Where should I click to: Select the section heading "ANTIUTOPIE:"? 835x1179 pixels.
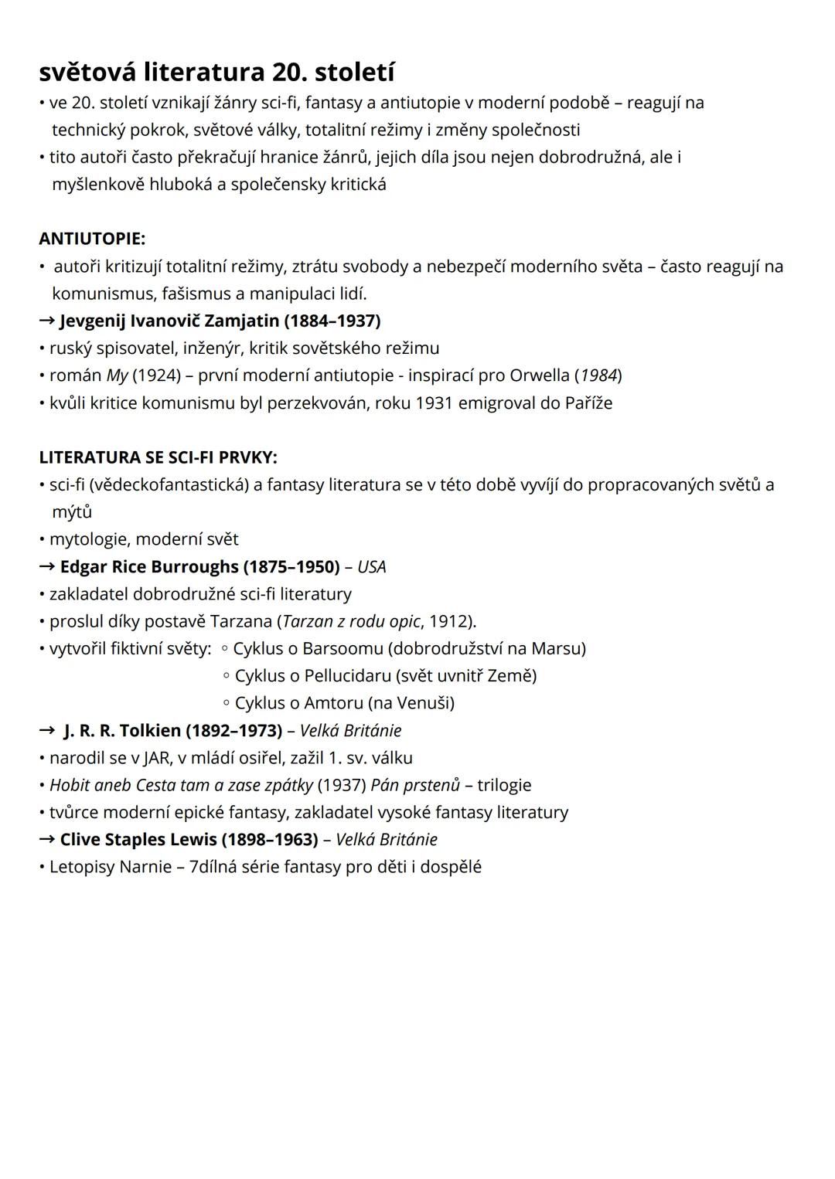pyautogui.click(x=92, y=239)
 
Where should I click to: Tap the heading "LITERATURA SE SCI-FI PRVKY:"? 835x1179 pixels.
pyautogui.click(x=158, y=457)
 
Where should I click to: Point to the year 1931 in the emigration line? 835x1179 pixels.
pyautogui.click(x=434, y=403)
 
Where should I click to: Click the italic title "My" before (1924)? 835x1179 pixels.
pyautogui.click(x=117, y=375)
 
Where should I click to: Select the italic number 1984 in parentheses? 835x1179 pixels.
pyautogui.click(x=598, y=375)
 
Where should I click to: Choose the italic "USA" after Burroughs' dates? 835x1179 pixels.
pyautogui.click(x=371, y=567)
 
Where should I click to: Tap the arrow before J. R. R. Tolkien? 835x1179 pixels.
pyautogui.click(x=47, y=730)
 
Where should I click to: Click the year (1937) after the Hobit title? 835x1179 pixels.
pyautogui.click(x=342, y=785)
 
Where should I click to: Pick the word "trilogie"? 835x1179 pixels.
pyautogui.click(x=504, y=785)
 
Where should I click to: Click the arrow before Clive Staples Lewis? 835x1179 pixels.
pyautogui.click(x=47, y=840)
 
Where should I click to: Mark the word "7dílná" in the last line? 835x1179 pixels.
pyautogui.click(x=214, y=867)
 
